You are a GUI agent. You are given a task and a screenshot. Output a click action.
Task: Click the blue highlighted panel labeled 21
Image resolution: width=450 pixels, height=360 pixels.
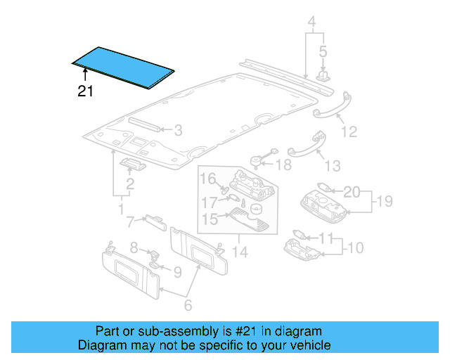[x=124, y=67]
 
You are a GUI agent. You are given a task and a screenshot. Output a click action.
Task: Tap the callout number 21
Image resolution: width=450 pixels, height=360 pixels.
[x=85, y=91]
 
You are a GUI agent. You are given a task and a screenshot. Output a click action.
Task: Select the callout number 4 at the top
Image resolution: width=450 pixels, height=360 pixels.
[x=311, y=21]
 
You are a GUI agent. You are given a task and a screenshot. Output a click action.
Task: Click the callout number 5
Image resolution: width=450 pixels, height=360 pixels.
[x=323, y=51]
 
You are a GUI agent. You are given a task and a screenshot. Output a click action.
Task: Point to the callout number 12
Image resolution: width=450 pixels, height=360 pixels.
[x=349, y=131]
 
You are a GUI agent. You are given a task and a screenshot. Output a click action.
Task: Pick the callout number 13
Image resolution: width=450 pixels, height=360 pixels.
[x=333, y=165]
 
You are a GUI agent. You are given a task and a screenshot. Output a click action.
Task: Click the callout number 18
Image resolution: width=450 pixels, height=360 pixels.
[x=283, y=165]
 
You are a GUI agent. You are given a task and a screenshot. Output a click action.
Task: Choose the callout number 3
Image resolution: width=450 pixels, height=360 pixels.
[x=178, y=129]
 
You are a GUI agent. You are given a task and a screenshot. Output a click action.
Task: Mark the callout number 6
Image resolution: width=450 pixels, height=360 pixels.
[x=188, y=304]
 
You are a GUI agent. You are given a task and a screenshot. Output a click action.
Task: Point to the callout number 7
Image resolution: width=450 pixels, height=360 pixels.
[x=130, y=222]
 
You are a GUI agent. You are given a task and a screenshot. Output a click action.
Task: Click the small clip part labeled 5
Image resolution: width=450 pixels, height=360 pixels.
[x=325, y=74]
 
